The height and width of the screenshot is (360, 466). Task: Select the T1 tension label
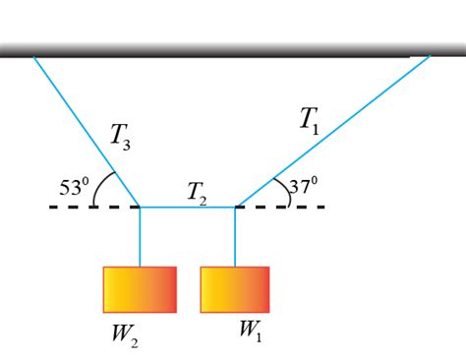tap(309, 120)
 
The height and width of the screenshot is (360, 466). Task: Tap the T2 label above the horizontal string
tap(197, 194)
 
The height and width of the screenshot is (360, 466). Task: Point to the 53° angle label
tap(73, 185)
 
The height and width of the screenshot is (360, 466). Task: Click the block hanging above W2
tap(140, 289)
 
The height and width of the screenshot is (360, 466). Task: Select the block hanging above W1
tap(235, 289)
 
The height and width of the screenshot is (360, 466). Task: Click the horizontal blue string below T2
tap(187, 208)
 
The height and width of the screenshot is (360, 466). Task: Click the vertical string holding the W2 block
tap(140, 236)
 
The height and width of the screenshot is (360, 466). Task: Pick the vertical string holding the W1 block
tap(235, 236)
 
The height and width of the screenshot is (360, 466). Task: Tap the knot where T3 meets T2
tap(140, 208)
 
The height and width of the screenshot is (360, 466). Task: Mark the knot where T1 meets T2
tap(235, 208)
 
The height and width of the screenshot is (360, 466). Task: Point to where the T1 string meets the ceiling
tap(429, 57)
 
